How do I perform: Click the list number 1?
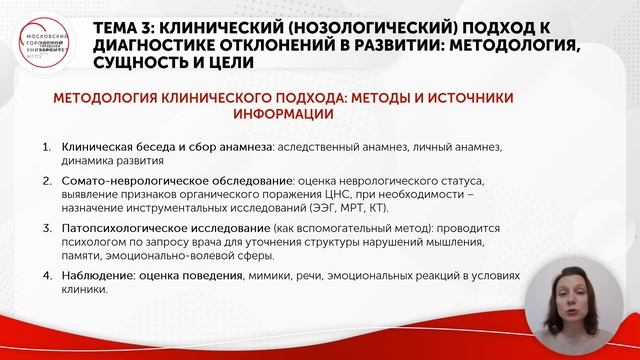pos(47,146)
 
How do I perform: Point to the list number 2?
pos(47,181)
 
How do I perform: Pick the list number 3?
pos(47,228)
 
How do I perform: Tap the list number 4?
pos(47,276)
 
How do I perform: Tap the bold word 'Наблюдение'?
pos(97,276)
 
